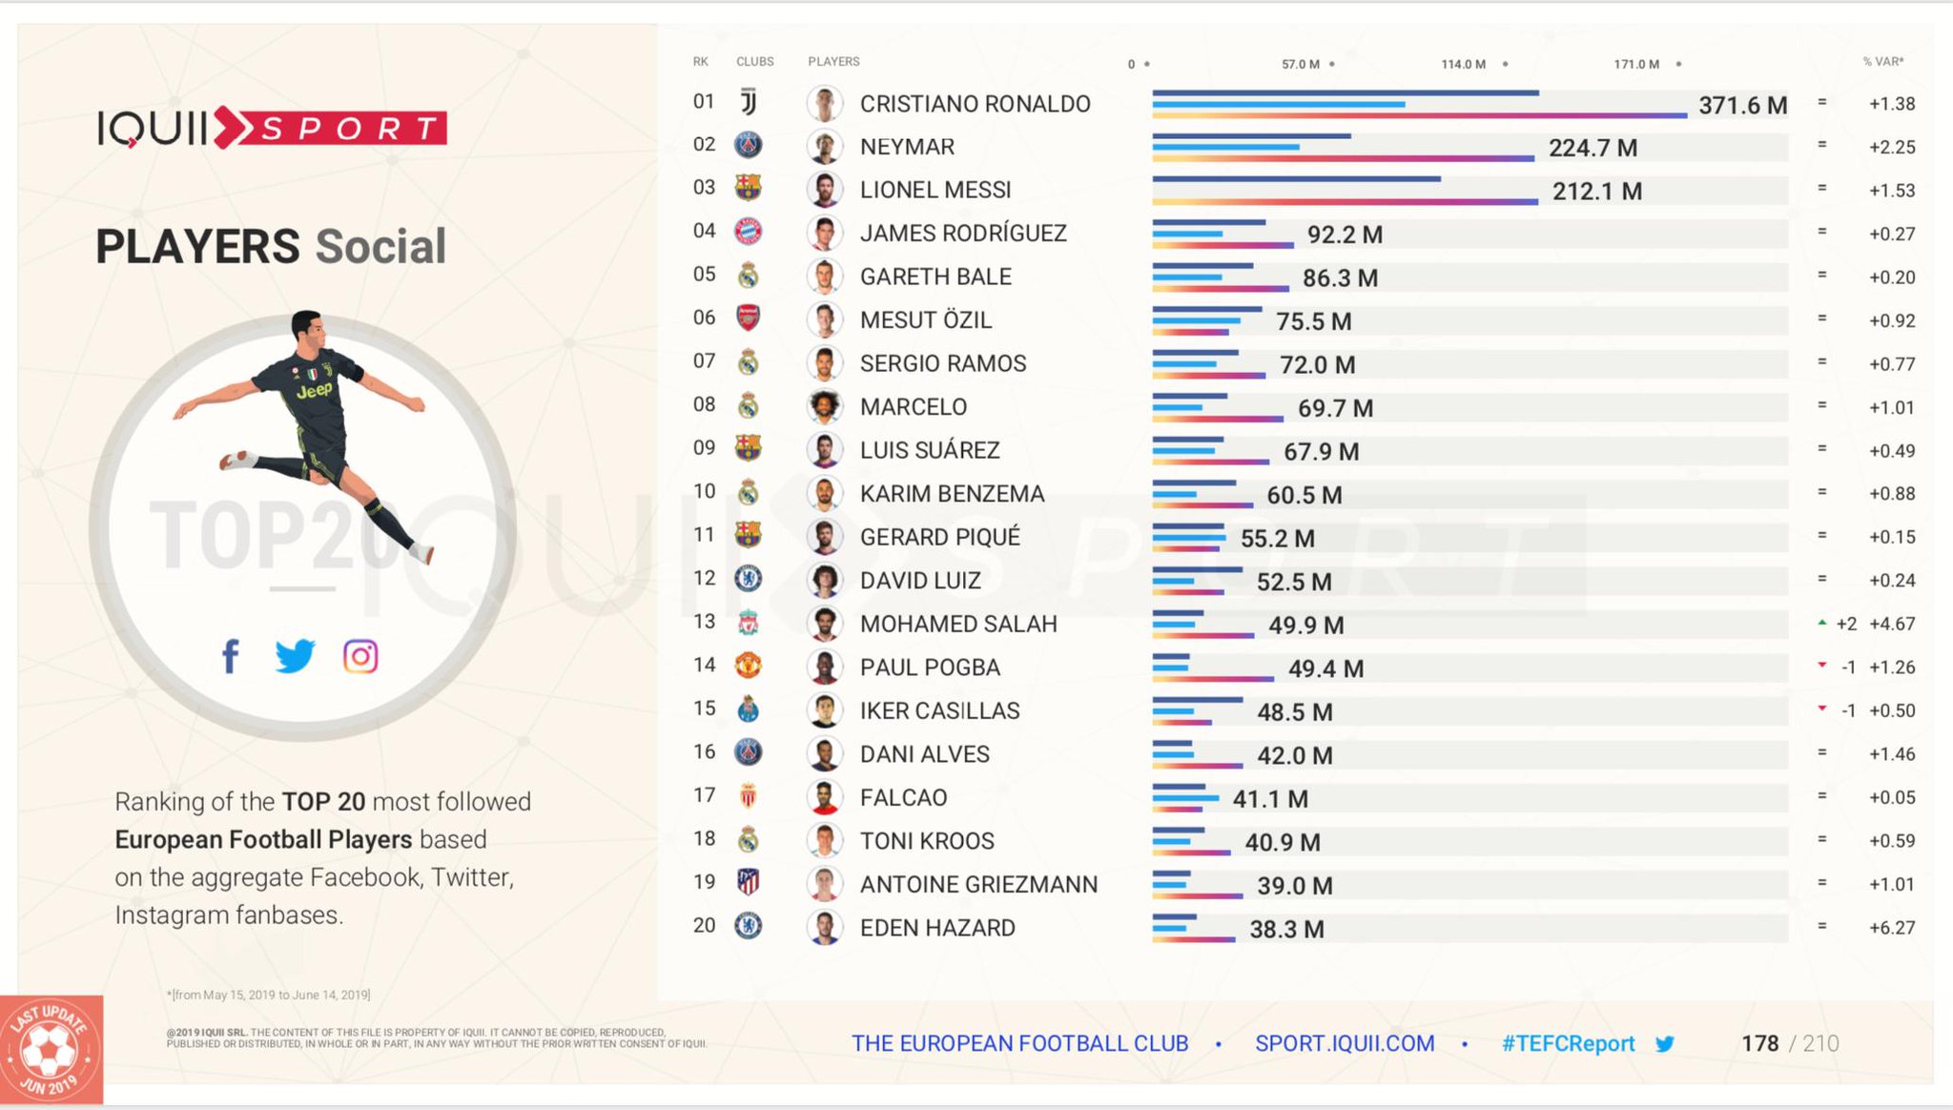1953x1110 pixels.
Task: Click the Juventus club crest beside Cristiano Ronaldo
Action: coord(749,102)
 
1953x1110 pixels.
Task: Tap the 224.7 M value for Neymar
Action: coord(1593,148)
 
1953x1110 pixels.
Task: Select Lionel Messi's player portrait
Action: coord(825,189)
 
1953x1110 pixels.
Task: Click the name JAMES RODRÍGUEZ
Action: coord(963,234)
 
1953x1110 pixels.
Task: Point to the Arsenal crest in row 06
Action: coord(749,318)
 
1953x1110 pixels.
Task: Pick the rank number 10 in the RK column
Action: coord(704,491)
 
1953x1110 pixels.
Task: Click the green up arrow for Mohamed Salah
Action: coord(1822,623)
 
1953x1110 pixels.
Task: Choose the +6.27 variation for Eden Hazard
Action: coord(1892,928)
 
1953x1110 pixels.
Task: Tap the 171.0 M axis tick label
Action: coord(1636,64)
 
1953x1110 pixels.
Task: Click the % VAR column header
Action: coord(1883,61)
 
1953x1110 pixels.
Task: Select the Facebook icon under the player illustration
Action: coord(230,656)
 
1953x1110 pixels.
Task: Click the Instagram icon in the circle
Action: coord(360,656)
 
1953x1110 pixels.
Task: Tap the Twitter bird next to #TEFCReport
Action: coord(1665,1043)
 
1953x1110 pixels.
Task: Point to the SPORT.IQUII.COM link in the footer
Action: coord(1345,1043)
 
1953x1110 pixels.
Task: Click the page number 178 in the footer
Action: coord(1759,1043)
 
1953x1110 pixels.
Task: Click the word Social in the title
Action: coord(380,246)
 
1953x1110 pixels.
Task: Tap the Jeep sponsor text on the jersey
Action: coord(314,390)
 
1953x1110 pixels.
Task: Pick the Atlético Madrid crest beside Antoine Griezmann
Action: coord(749,882)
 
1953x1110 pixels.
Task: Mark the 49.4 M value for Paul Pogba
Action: coord(1326,668)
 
